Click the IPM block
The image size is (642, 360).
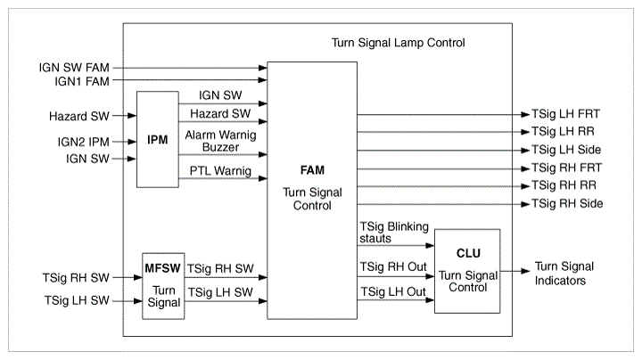click(158, 139)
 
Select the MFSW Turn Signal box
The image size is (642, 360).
click(161, 285)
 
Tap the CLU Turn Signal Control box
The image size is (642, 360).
click(467, 271)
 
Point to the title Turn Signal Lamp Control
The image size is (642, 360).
click(398, 43)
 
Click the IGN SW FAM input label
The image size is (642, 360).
click(74, 67)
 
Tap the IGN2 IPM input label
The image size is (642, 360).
click(83, 141)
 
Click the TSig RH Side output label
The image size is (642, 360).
click(567, 204)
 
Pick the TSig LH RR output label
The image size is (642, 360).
click(564, 132)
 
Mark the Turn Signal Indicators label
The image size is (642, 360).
click(564, 274)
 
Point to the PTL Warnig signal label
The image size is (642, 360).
click(220, 169)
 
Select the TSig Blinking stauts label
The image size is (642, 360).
click(393, 233)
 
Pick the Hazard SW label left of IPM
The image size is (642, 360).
click(79, 116)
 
